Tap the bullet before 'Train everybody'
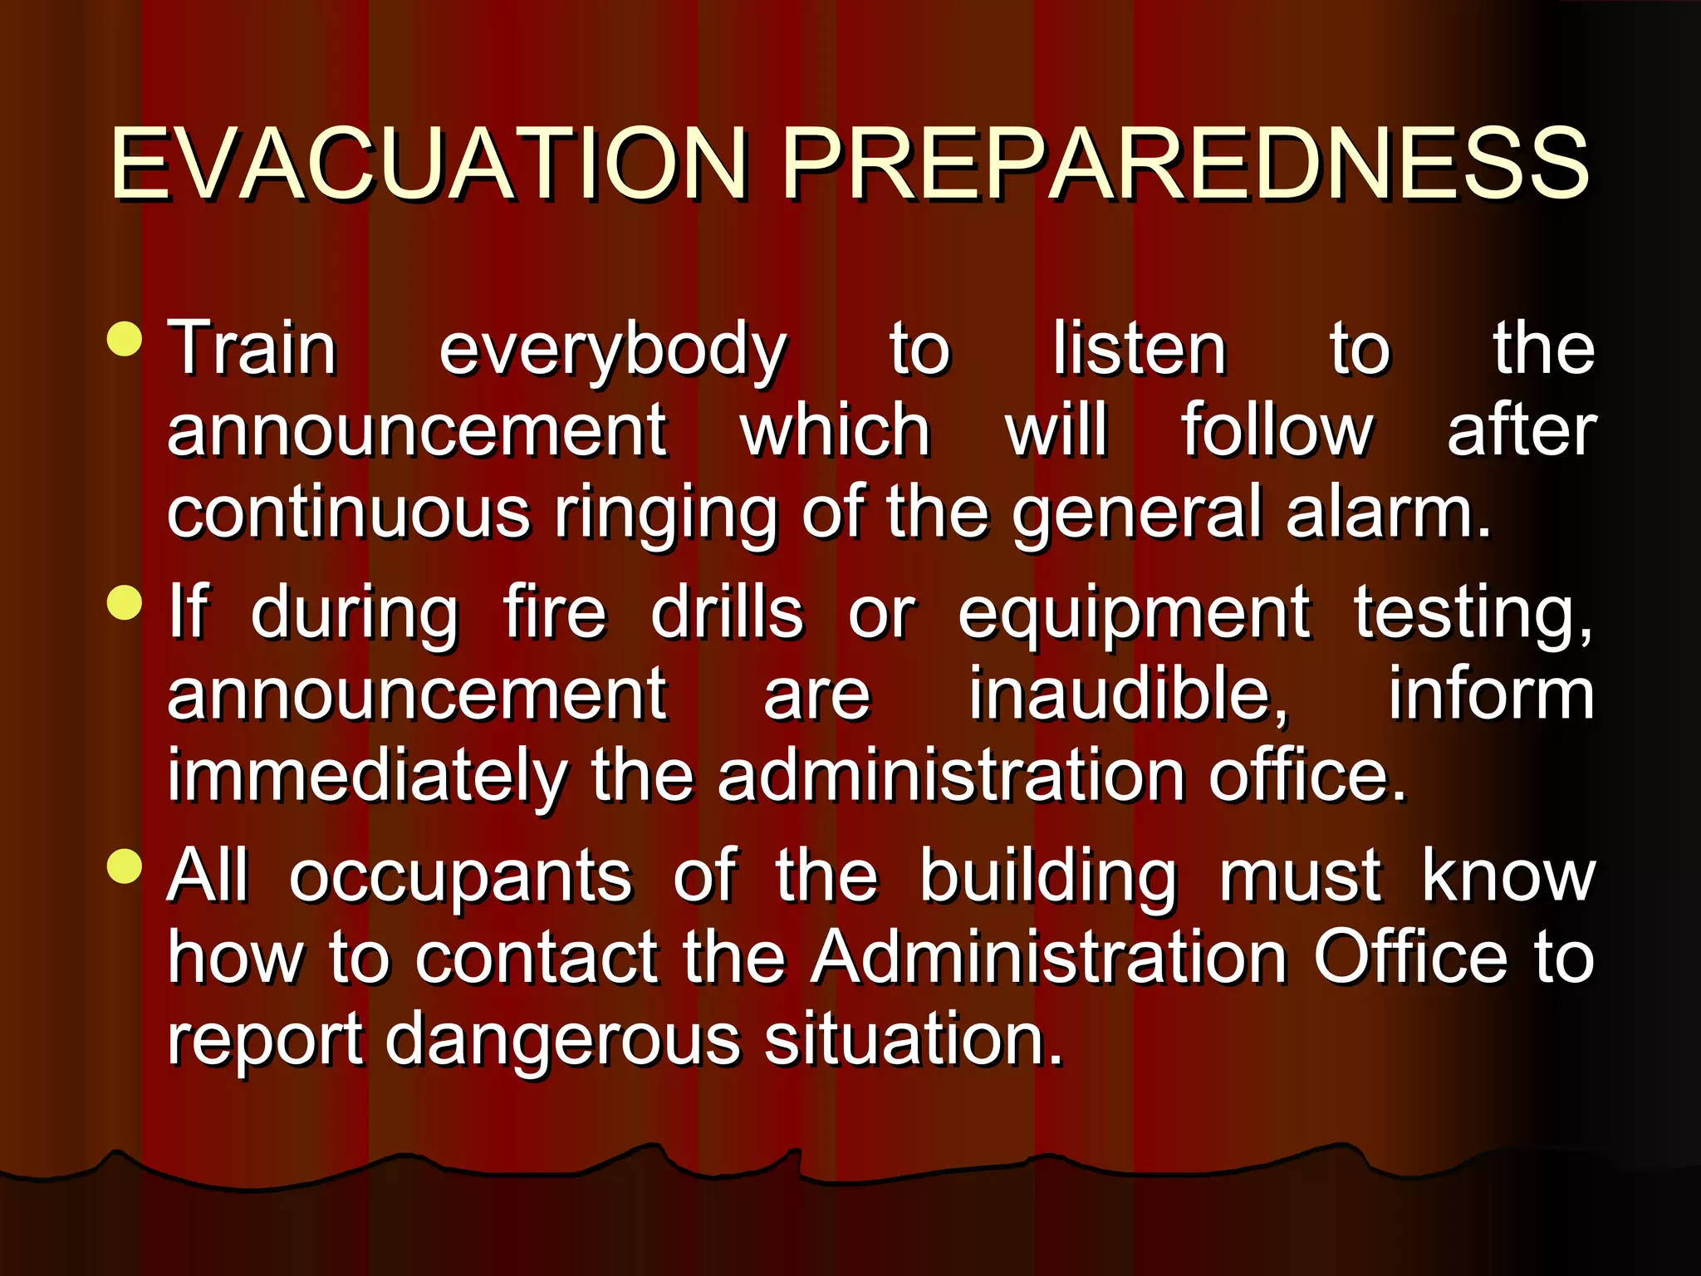point(125,339)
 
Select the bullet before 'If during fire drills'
point(125,603)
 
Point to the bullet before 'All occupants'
point(125,866)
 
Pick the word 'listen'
point(1140,349)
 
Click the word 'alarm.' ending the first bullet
point(1389,512)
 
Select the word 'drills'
point(727,613)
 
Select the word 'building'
point(1048,877)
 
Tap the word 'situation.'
point(914,1038)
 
